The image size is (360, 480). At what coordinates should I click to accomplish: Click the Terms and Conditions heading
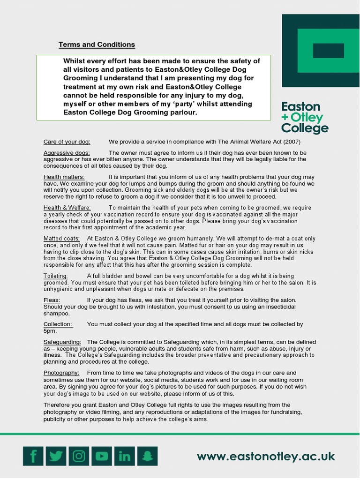pyautogui.click(x=97, y=45)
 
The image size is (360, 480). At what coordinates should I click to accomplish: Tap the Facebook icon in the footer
pyautogui.click(x=33, y=456)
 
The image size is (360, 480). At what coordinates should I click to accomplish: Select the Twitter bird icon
pyautogui.click(x=56, y=456)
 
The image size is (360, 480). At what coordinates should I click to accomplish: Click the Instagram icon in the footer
pyautogui.click(x=79, y=456)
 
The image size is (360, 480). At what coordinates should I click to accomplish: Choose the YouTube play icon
pyautogui.click(x=102, y=456)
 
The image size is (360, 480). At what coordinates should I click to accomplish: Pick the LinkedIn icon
pyautogui.click(x=125, y=456)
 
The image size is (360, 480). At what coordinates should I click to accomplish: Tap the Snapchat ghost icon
pyautogui.click(x=147, y=456)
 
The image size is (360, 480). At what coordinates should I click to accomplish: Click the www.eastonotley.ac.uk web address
pyautogui.click(x=266, y=456)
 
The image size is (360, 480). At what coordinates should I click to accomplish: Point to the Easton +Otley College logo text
pyautogui.click(x=305, y=117)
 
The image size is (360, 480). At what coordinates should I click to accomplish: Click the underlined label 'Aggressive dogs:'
pyautogui.click(x=67, y=153)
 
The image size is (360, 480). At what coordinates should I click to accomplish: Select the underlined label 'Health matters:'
pyautogui.click(x=64, y=177)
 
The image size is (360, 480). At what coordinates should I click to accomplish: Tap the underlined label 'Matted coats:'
pyautogui.click(x=61, y=239)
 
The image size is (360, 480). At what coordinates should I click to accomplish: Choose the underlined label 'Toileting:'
pyautogui.click(x=55, y=276)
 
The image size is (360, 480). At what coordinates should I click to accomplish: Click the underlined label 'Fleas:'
pyautogui.click(x=52, y=300)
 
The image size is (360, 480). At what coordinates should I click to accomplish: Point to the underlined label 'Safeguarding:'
pyautogui.click(x=62, y=342)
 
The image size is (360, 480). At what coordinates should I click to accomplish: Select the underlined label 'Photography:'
pyautogui.click(x=61, y=372)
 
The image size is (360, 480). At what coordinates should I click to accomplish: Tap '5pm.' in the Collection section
pyautogui.click(x=50, y=330)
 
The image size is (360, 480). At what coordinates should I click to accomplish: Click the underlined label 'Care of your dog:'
pyautogui.click(x=67, y=142)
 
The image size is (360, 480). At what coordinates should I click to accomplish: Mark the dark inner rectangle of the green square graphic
pyautogui.click(x=328, y=51)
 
